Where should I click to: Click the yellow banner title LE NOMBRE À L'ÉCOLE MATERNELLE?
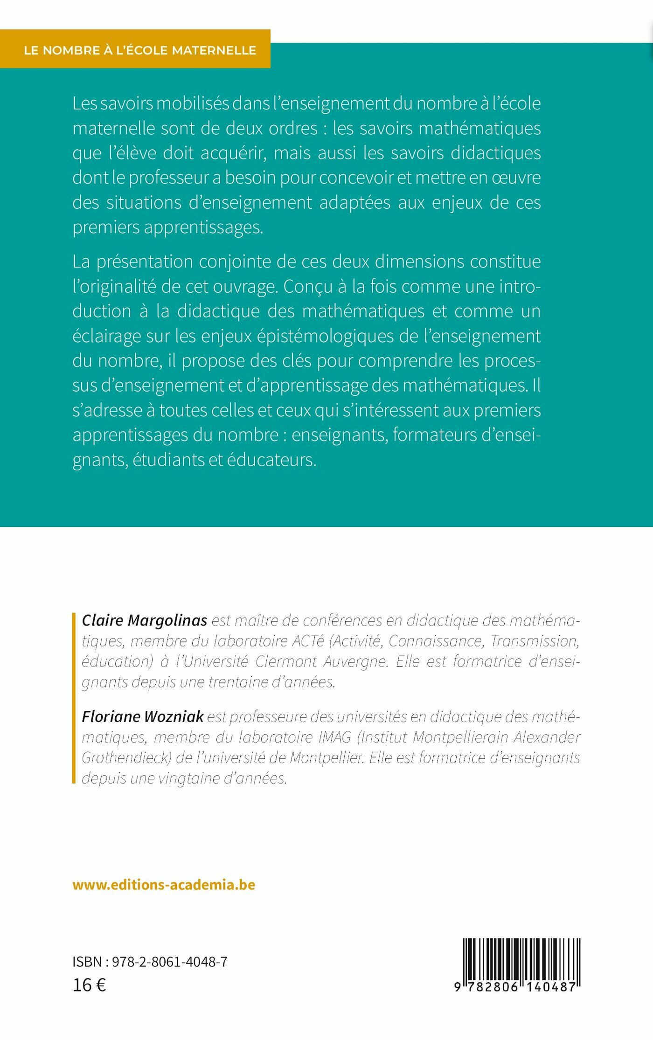(x=140, y=50)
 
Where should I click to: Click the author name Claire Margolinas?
(x=144, y=620)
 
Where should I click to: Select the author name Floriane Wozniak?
(x=143, y=716)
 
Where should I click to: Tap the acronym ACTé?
(x=308, y=641)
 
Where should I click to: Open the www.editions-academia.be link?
(x=164, y=885)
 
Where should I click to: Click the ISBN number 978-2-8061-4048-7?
(x=169, y=962)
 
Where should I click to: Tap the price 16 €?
(x=89, y=985)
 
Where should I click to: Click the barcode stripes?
(x=521, y=960)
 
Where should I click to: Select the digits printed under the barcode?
(x=515, y=987)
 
